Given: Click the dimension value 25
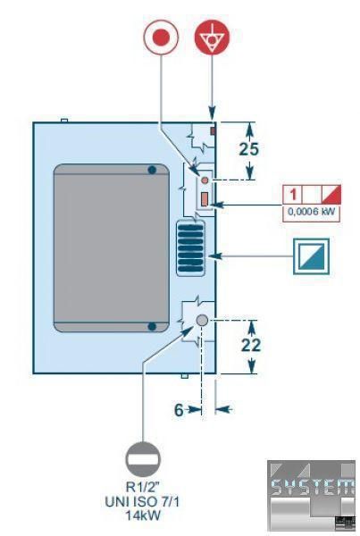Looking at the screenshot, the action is [249, 149].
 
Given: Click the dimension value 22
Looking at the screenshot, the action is [251, 345].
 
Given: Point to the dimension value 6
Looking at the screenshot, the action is [179, 410].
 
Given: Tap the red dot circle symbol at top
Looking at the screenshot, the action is [161, 37].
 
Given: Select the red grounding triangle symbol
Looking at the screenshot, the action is [212, 37].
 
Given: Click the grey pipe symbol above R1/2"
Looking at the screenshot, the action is [143, 459].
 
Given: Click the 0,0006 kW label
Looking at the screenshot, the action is [312, 212].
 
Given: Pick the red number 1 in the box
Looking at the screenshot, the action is [293, 195].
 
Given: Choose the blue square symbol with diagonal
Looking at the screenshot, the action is [311, 256].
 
